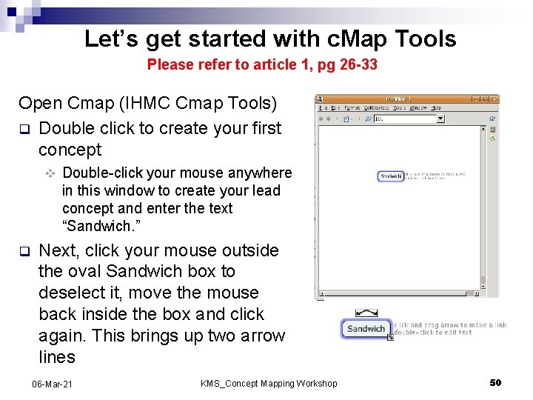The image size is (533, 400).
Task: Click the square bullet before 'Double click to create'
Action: click(24, 128)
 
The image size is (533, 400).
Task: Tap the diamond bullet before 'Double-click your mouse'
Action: click(50, 173)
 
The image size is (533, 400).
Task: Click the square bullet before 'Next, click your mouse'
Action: click(24, 250)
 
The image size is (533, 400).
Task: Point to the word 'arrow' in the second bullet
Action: click(261, 336)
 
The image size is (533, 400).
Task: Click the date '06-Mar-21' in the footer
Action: click(53, 383)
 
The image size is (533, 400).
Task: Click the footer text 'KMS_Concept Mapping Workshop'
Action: click(269, 383)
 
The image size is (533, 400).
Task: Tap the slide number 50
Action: click(495, 382)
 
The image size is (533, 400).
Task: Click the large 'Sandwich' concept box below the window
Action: click(366, 328)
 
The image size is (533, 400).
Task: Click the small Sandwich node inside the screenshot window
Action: click(391, 176)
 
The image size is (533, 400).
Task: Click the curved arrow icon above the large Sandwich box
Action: click(366, 313)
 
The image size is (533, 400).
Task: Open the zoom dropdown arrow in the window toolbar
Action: click(440, 119)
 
